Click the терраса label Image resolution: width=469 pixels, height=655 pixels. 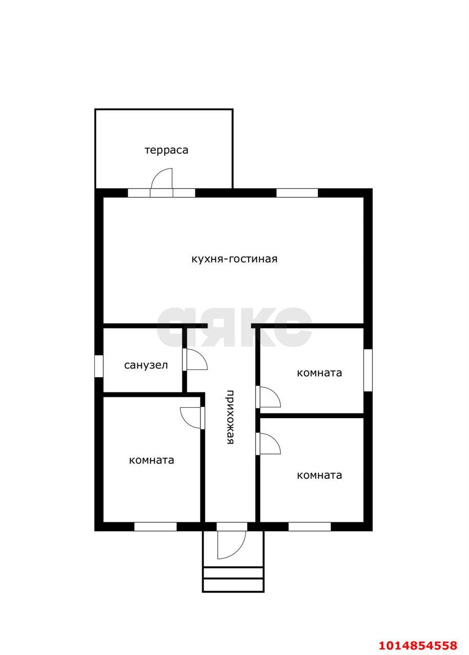click(166, 150)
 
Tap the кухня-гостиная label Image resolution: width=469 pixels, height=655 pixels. click(234, 259)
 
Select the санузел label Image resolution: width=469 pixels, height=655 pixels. click(146, 365)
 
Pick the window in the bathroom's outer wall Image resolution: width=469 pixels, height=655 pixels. click(99, 366)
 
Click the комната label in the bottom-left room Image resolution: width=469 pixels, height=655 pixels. click(151, 460)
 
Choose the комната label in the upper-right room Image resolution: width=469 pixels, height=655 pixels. click(319, 373)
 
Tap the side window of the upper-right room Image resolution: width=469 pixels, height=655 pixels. click(368, 370)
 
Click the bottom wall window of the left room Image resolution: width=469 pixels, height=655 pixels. click(155, 527)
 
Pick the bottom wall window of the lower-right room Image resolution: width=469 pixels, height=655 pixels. click(310, 527)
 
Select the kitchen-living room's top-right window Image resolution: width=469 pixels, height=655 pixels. click(297, 193)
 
